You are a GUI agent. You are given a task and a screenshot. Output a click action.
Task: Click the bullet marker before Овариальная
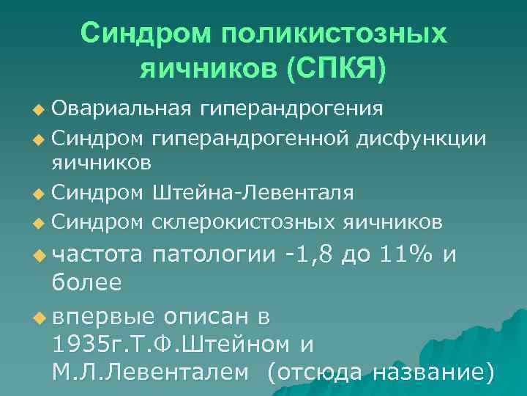[x=40, y=111]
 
